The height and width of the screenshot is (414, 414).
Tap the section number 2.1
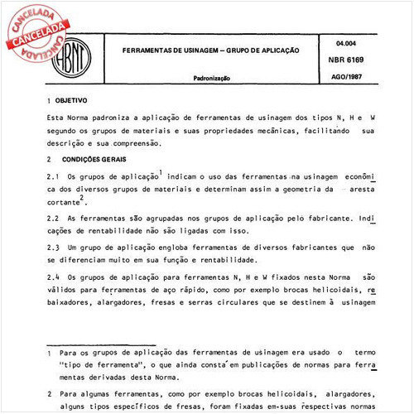[54, 177]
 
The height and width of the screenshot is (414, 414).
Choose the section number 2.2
[54, 218]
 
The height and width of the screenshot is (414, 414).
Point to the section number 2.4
[54, 277]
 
